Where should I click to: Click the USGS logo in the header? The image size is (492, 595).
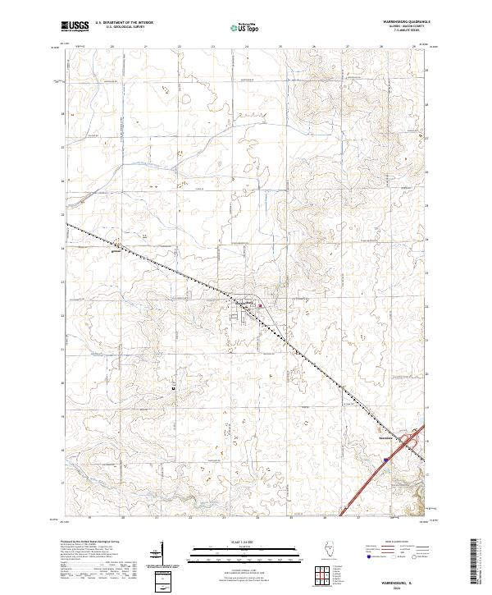point(75,26)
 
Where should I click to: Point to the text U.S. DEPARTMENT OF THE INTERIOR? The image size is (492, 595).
point(124,23)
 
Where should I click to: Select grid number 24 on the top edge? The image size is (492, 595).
point(247,47)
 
